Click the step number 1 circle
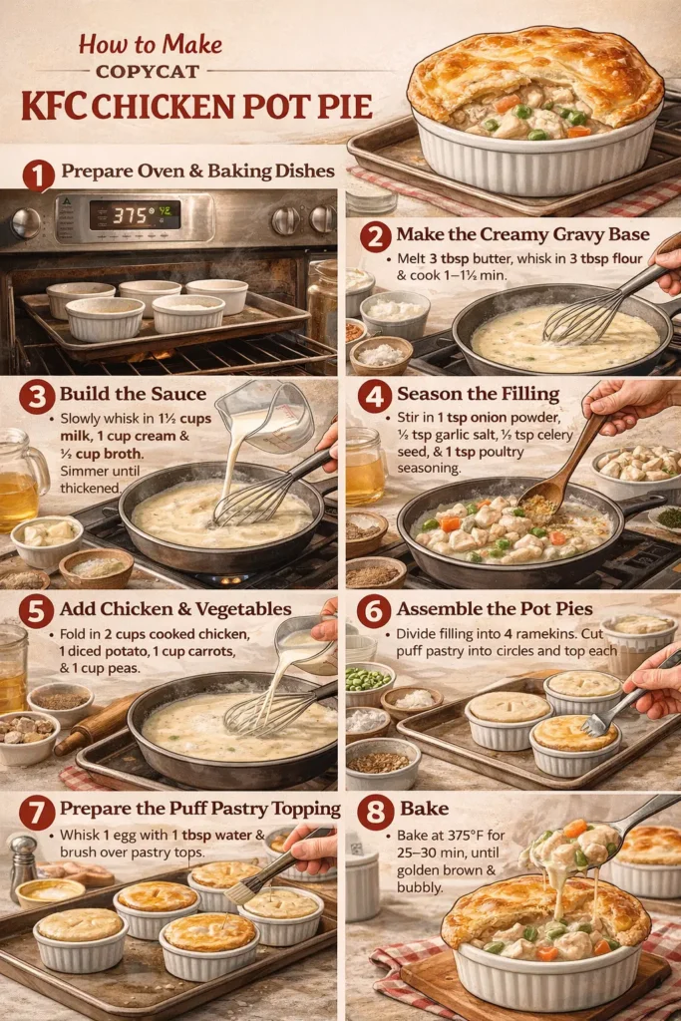[x=38, y=176]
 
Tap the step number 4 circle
[x=374, y=396]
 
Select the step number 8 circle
[x=375, y=814]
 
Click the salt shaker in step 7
[x=23, y=865]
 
